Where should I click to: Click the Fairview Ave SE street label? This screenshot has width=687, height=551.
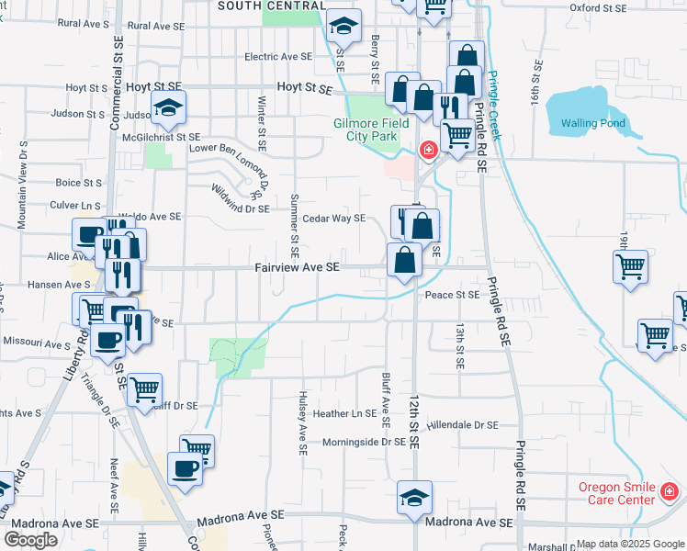click(298, 267)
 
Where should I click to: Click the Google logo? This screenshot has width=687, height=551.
click(30, 540)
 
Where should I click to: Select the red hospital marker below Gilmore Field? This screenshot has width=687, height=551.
click(428, 150)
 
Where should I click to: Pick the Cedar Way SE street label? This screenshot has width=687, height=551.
click(334, 219)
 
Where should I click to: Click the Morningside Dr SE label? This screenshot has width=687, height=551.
click(364, 442)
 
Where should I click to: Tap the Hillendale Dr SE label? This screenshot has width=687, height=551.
click(462, 425)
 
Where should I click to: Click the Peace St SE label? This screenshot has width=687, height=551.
click(452, 295)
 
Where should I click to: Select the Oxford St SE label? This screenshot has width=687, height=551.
click(598, 7)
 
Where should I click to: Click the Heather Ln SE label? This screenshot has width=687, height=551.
click(344, 414)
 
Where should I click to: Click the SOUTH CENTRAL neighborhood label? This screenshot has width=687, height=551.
click(271, 6)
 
